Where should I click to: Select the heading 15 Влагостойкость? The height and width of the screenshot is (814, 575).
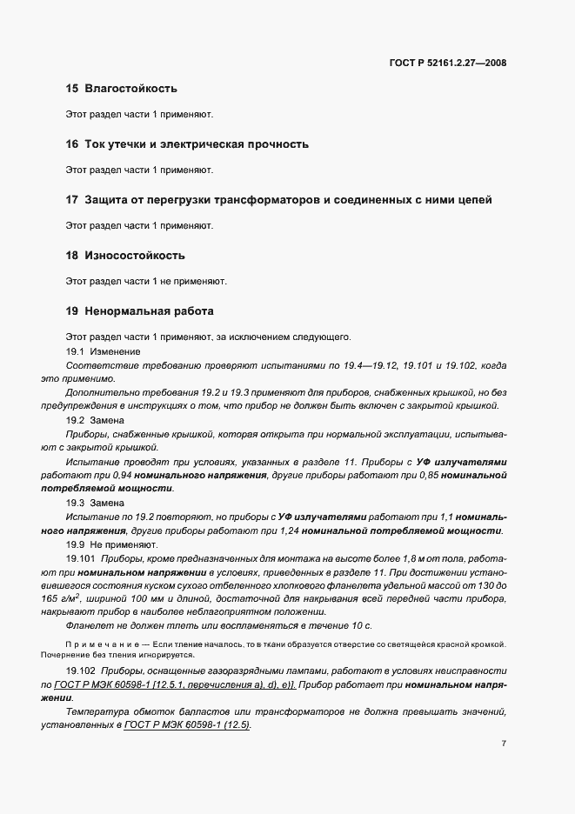[122, 89]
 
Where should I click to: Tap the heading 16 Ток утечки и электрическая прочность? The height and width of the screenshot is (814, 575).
[187, 144]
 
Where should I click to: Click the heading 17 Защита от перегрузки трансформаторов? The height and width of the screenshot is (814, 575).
[278, 200]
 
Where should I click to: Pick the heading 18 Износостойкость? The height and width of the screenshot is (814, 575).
[125, 256]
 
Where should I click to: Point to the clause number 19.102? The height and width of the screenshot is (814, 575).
[81, 672]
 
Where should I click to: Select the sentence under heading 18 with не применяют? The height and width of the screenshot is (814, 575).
[146, 281]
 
